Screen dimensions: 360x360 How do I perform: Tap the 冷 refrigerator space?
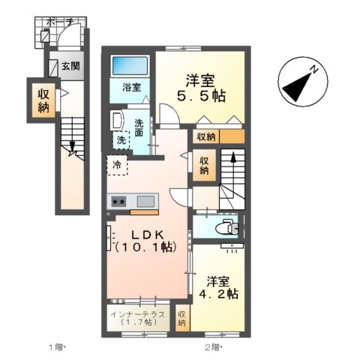117,163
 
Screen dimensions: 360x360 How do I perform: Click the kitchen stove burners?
118,201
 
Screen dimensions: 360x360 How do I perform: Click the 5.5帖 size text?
200,96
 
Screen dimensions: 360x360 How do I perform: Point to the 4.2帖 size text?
217,295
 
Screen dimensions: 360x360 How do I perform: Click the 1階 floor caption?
58,347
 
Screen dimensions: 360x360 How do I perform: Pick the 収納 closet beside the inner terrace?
181,318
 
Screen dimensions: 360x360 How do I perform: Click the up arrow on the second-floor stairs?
233,160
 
